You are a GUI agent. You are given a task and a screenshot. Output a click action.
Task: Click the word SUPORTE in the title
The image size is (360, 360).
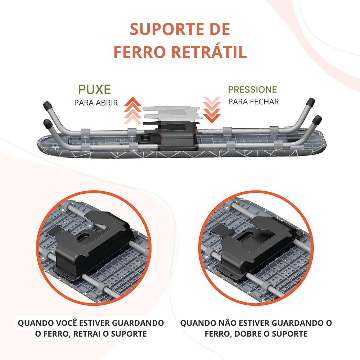coord(166,29)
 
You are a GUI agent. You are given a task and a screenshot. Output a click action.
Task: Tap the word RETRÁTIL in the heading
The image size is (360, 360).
coord(209,52)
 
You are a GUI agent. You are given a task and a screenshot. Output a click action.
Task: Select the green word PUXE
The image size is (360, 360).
coord(95,89)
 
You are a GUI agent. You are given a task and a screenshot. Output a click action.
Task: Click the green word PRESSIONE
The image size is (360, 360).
coord(253,90)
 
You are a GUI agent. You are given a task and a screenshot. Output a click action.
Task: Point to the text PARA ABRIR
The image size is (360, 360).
coord(96,103)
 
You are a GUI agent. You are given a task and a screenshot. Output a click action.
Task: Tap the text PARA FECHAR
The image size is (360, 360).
coord(253,102)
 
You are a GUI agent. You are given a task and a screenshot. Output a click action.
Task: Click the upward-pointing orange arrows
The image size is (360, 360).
coord(133,110)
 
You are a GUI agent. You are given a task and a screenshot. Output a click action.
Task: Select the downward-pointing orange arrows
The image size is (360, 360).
coord(212,110)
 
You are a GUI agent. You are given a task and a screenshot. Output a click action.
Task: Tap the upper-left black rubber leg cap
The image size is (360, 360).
coord(48,105)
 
